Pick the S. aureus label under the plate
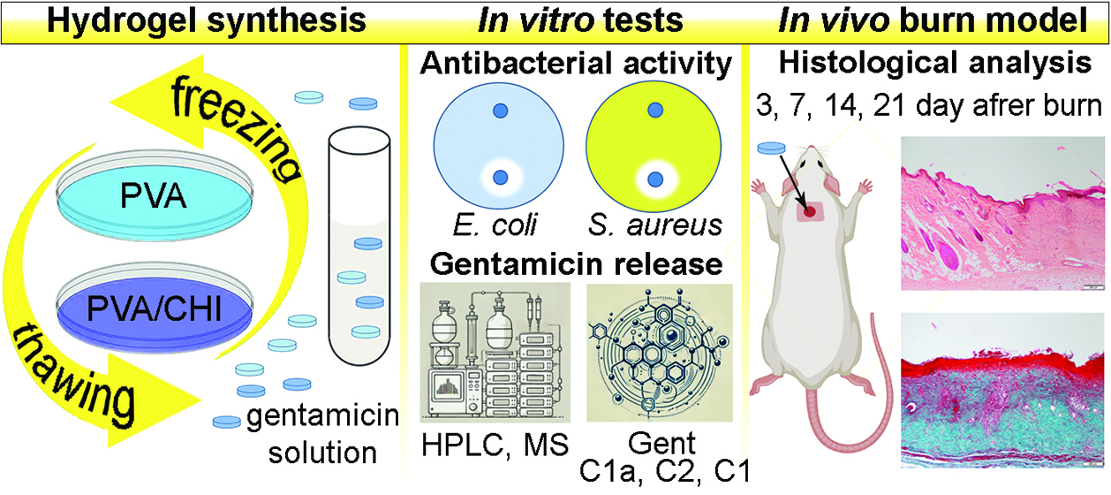pyautogui.click(x=655, y=226)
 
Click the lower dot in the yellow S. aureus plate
pyautogui.click(x=654, y=179)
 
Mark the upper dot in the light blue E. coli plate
pyautogui.click(x=501, y=111)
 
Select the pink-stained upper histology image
pyautogui.click(x=1002, y=212)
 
